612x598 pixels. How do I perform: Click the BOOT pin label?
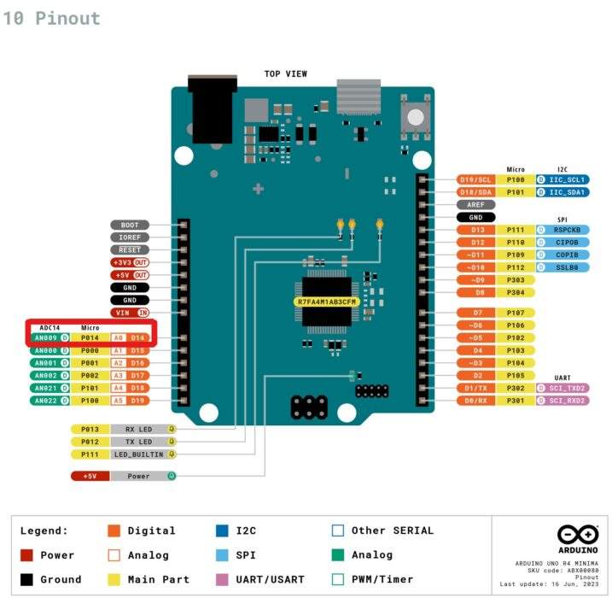129,226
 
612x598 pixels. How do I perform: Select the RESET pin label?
129,249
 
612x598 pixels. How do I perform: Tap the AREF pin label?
475,205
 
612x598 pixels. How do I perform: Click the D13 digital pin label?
475,230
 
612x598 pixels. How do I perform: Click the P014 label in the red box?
90,338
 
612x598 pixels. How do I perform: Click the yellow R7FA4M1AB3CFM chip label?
327,302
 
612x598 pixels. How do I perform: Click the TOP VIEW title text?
286,74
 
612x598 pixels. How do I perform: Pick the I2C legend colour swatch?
222,531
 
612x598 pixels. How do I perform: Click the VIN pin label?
123,313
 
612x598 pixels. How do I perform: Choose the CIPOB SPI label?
567,243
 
